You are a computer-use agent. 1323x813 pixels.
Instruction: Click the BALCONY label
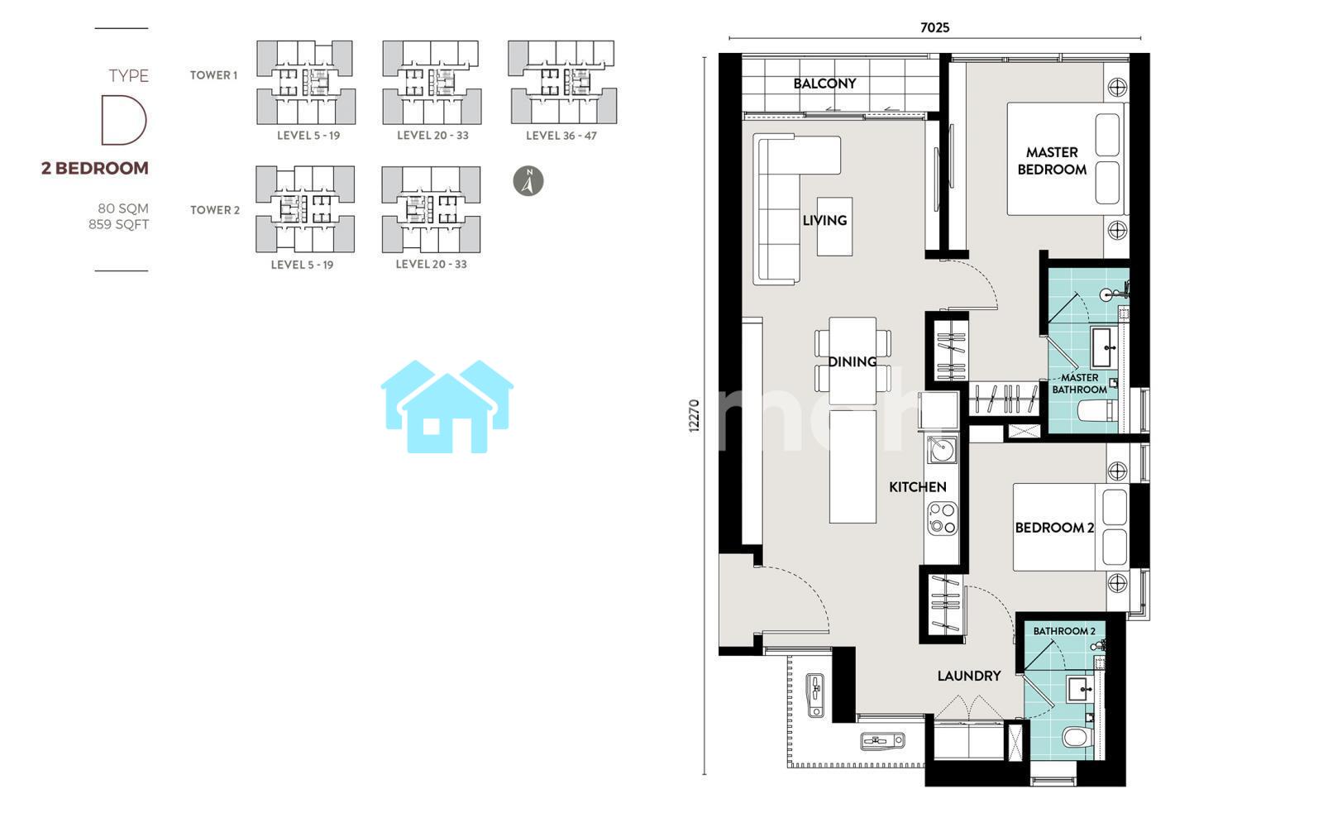click(x=824, y=84)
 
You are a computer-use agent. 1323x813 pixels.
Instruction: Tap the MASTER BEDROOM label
click(x=1052, y=161)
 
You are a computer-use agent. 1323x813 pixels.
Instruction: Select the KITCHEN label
click(x=917, y=487)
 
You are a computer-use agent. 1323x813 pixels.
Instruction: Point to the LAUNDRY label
click(x=968, y=676)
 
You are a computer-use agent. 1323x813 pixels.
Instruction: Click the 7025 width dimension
click(x=935, y=28)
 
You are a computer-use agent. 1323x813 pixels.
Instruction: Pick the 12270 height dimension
click(x=694, y=415)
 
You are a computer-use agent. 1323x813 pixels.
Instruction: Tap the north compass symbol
click(x=528, y=181)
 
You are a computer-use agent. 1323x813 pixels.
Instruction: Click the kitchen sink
click(x=942, y=450)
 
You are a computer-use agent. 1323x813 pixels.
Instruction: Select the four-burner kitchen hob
click(x=942, y=519)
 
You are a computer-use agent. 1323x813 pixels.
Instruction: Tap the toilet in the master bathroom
click(x=1097, y=410)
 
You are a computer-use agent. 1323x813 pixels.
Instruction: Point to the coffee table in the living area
click(x=834, y=227)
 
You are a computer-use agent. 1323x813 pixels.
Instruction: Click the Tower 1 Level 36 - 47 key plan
click(x=562, y=82)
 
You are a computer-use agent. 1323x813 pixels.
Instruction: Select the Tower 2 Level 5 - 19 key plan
click(x=305, y=209)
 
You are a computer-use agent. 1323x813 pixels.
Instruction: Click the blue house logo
click(x=447, y=407)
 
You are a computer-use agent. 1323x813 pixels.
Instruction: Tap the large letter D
click(x=123, y=120)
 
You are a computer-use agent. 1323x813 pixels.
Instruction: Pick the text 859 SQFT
click(x=119, y=224)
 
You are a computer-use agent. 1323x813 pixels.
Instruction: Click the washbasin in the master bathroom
click(x=1103, y=347)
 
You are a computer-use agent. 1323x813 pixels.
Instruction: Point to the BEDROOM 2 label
click(x=1054, y=528)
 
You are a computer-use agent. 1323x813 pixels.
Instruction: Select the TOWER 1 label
click(x=214, y=75)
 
